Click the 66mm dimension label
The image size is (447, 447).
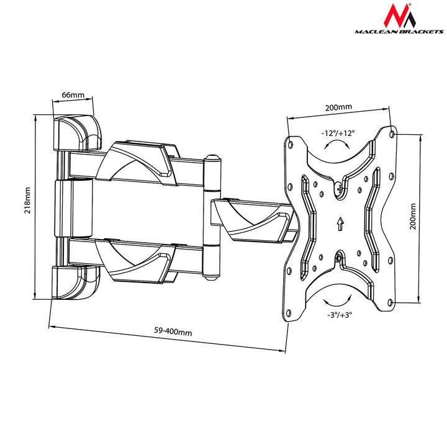[x=73, y=96]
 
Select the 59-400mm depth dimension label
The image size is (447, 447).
[x=173, y=332]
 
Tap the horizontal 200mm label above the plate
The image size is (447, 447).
[x=338, y=107]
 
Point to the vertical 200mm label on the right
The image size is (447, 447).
[x=413, y=215]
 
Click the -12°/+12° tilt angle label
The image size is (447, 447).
[x=338, y=133]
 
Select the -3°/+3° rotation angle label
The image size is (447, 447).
[x=338, y=315]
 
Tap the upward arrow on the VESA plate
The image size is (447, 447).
[x=339, y=223]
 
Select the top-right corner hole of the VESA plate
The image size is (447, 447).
[x=392, y=133]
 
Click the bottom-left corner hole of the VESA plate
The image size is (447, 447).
[x=290, y=312]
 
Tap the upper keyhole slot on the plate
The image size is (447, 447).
[x=339, y=189]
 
